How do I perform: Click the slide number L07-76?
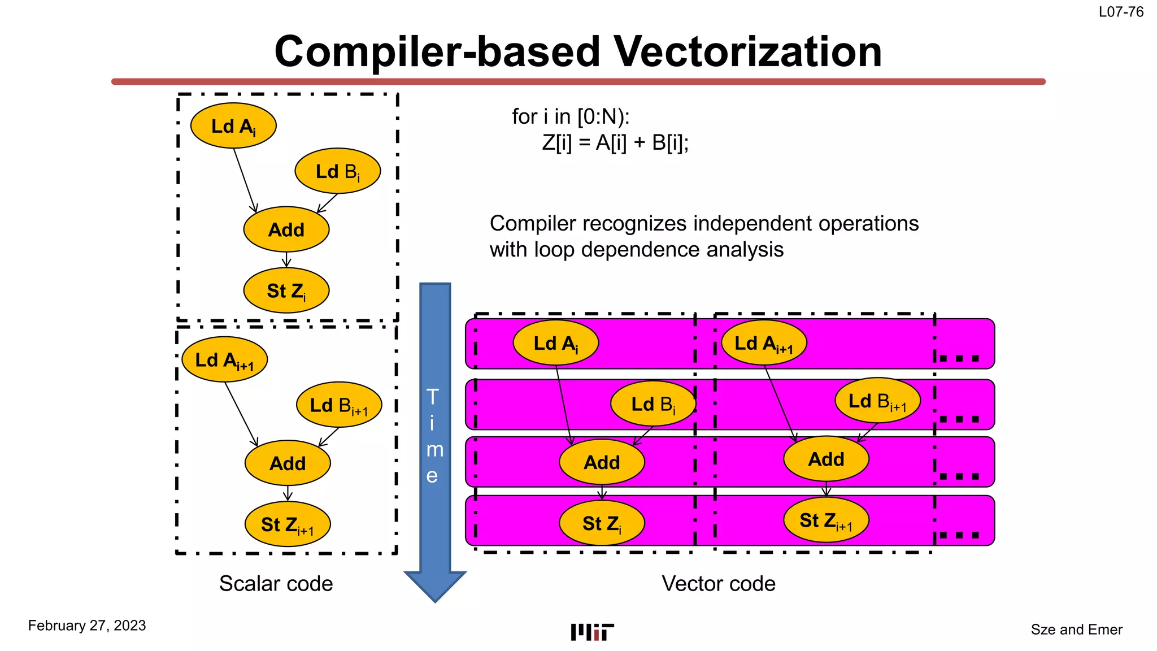(1121, 12)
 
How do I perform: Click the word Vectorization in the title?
(747, 51)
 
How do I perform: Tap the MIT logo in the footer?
(592, 632)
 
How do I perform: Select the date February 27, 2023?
(87, 626)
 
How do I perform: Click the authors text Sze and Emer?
(1076, 630)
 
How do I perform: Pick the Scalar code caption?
(276, 584)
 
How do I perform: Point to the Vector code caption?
(719, 584)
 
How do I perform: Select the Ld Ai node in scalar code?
(233, 126)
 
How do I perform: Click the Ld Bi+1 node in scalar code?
(339, 405)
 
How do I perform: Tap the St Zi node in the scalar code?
(286, 291)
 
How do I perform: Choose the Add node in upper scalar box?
(286, 230)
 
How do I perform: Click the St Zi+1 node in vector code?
(826, 520)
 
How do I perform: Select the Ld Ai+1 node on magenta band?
(764, 343)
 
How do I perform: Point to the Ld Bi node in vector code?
(653, 404)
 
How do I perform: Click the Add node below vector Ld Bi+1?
(826, 459)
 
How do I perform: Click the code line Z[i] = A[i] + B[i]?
(615, 143)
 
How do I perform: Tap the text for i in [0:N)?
(571, 116)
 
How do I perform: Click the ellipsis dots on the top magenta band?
(959, 358)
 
